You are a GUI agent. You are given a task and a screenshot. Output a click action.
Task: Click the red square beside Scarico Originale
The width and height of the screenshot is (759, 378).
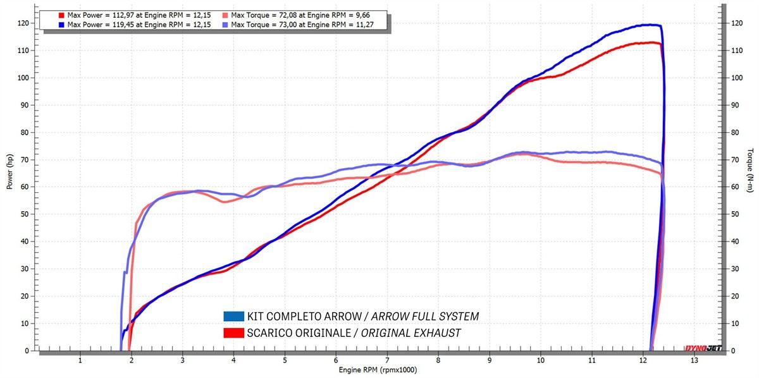click(233, 332)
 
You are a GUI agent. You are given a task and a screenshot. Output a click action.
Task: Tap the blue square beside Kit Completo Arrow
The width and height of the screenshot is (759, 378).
click(233, 316)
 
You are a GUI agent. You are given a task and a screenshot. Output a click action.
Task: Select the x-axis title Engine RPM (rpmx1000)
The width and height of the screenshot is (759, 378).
click(378, 370)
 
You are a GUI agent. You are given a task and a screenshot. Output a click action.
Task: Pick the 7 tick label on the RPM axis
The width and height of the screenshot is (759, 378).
click(387, 360)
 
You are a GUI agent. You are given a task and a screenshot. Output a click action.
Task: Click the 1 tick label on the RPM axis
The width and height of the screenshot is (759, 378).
click(80, 360)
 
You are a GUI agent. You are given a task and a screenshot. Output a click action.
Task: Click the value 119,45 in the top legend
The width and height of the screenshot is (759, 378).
click(116, 25)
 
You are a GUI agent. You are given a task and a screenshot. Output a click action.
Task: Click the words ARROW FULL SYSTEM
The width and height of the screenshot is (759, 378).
click(425, 316)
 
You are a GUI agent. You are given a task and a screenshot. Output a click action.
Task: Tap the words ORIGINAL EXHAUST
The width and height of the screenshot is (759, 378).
click(410, 332)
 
